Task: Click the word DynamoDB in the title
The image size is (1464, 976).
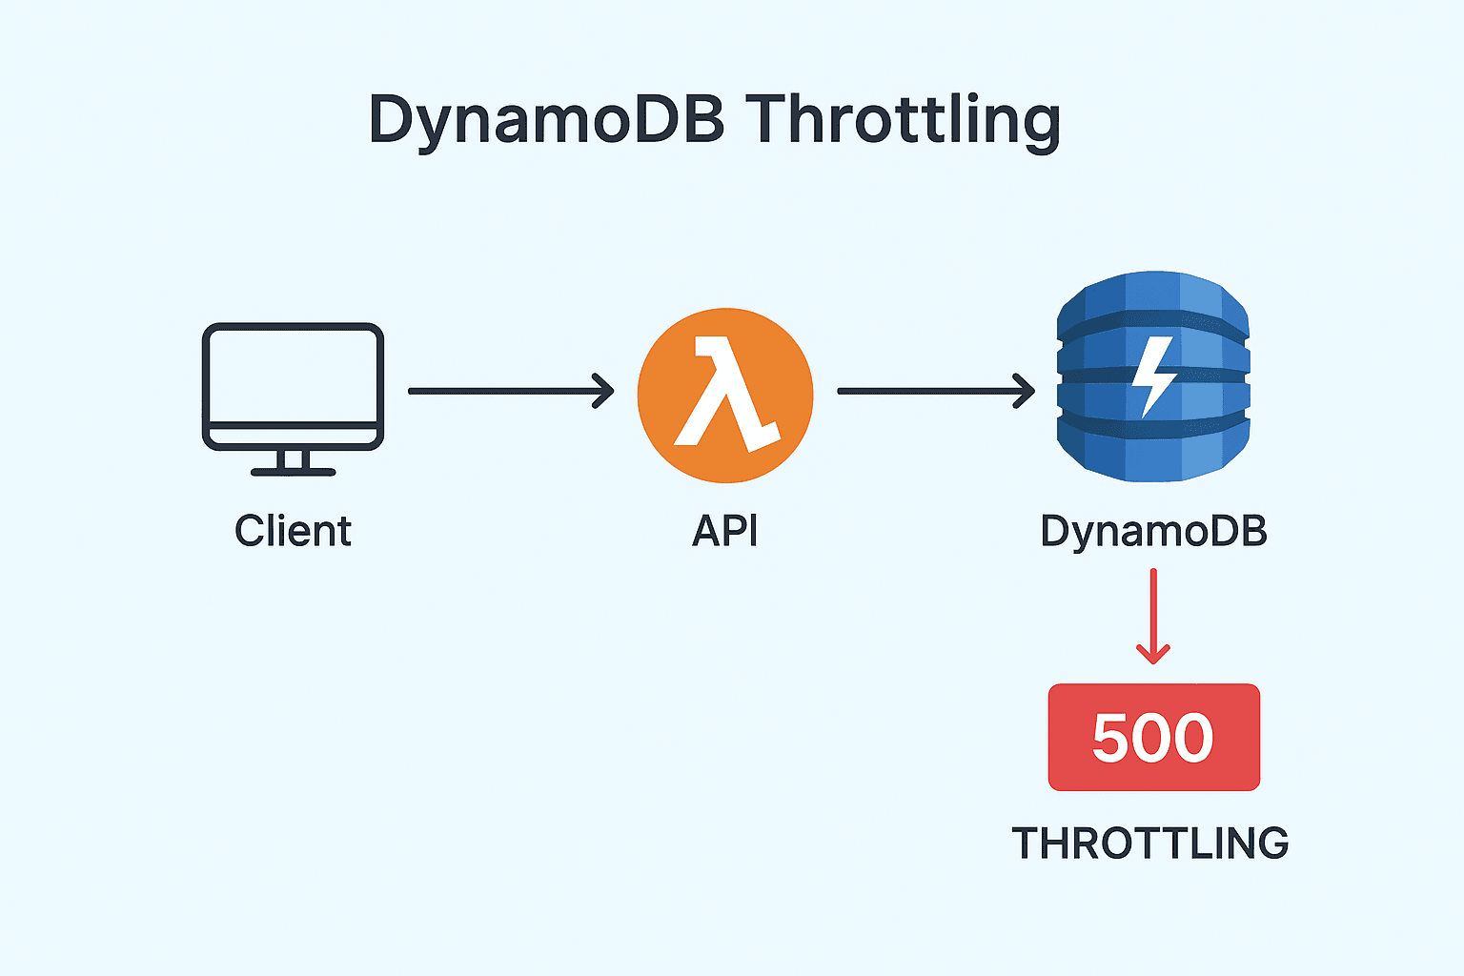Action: coord(546,121)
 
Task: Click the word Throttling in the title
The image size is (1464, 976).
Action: coord(903,121)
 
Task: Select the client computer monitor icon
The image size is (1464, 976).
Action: coord(293,386)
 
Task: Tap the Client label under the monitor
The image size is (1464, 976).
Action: coord(293,531)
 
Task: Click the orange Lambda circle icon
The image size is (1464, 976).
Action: coord(724,395)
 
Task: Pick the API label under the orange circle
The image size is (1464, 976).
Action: coord(724,531)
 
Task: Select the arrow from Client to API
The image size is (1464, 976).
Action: coord(510,391)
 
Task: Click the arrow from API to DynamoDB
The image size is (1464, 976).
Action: coord(935,391)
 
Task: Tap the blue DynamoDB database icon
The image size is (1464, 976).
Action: coord(1153,376)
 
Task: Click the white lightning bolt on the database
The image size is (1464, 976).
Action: coord(1153,376)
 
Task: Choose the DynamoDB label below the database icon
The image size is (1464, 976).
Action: coord(1153,531)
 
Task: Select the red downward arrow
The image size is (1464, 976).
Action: coord(1153,616)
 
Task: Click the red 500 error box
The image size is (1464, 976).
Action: coord(1153,737)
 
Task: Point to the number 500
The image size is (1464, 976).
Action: coord(1153,738)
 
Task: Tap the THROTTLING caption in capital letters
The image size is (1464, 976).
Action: coord(1149,844)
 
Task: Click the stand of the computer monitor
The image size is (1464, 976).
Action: coord(293,463)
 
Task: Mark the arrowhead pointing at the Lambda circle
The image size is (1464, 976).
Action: coord(604,391)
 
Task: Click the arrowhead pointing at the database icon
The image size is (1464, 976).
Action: coord(1026,391)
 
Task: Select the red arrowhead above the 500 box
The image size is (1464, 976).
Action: coord(1153,654)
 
